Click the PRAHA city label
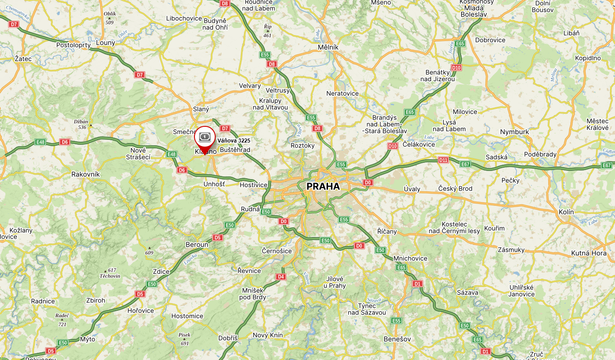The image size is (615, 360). [323, 186]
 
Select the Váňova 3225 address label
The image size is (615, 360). [234, 141]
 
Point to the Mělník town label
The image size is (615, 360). [328, 47]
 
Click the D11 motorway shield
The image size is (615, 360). [443, 160]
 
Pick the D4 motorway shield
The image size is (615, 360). [281, 277]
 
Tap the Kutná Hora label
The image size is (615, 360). [589, 253]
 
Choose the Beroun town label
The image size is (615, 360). [197, 245]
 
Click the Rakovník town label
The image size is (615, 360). [86, 174]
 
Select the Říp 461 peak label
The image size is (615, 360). [268, 31]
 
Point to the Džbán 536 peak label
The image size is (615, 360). [82, 124]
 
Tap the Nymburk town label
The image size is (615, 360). [514, 132]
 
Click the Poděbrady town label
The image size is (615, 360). [541, 154]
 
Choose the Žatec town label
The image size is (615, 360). [23, 59]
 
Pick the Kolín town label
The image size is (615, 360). [566, 212]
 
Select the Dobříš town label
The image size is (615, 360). [228, 338]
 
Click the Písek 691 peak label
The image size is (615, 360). [185, 339]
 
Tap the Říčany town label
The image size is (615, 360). [387, 231]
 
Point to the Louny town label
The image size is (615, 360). [106, 43]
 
